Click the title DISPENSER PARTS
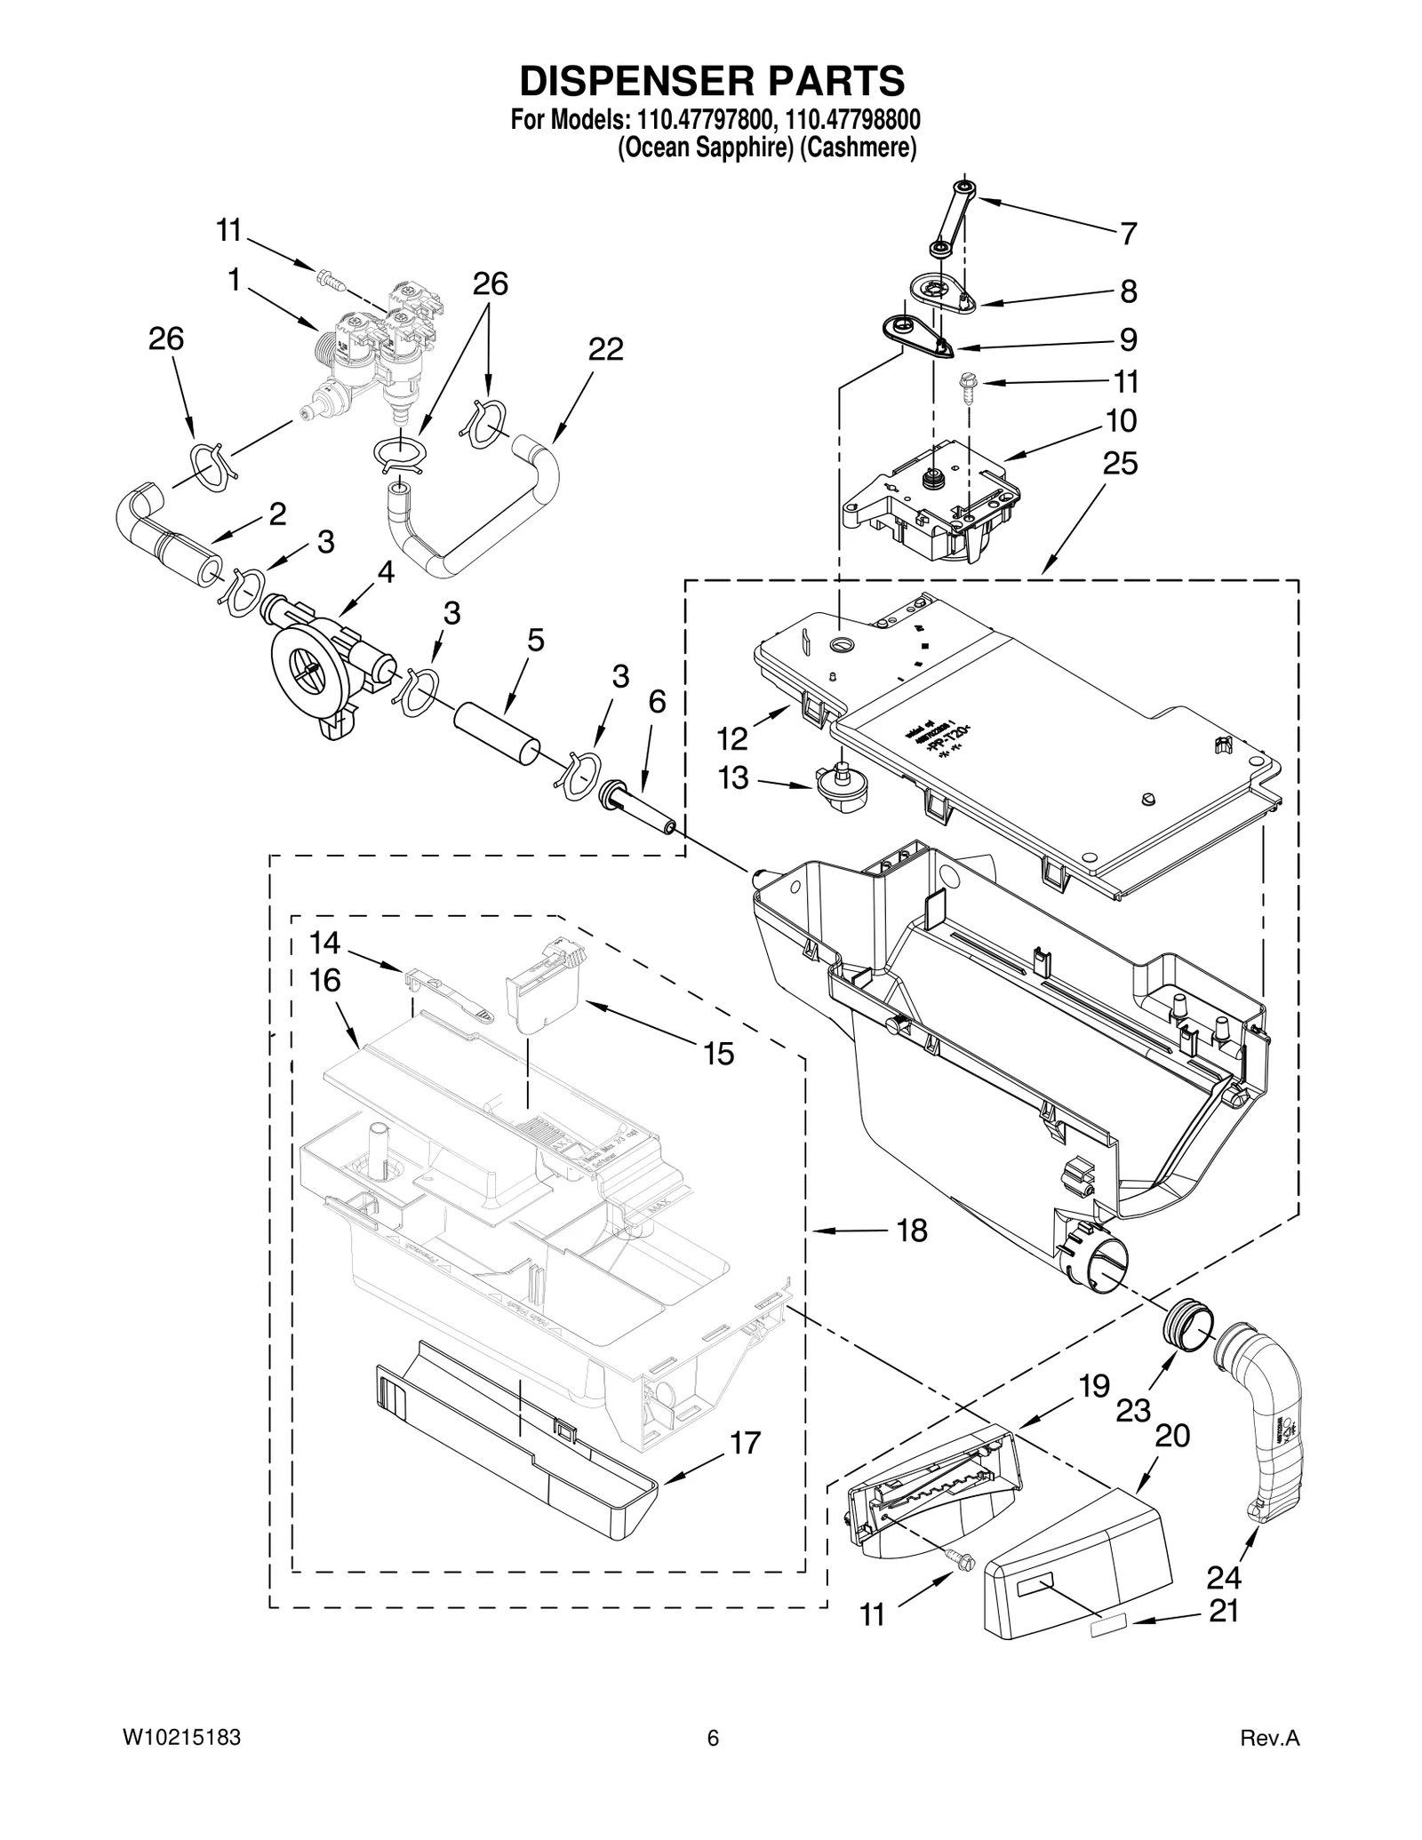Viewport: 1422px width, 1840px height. pos(711,81)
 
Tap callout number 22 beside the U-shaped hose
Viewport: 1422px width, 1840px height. pos(605,349)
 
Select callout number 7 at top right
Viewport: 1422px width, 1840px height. pos(1128,235)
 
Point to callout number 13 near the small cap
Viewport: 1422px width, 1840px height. pos(733,778)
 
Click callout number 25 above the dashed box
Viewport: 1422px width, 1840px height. pos(1120,464)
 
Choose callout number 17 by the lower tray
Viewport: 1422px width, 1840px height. pos(745,1443)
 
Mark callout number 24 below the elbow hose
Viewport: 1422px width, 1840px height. pos(1224,1577)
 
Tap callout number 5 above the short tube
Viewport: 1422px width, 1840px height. pos(535,640)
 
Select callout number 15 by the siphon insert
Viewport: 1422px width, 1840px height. pos(718,1054)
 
